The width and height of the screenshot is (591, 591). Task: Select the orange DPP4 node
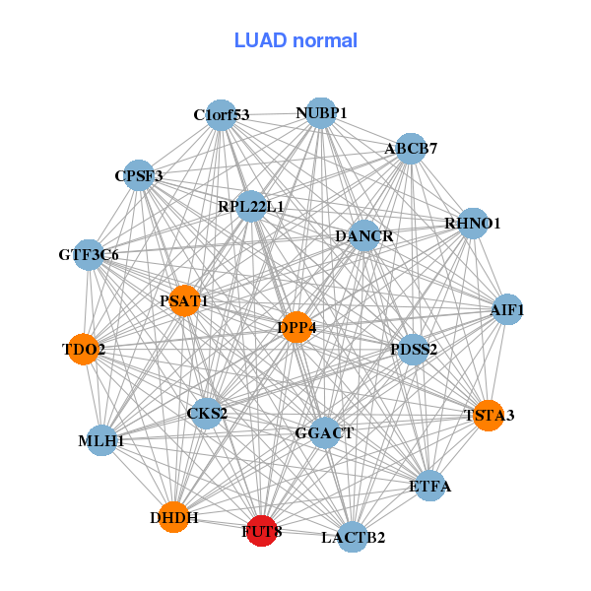point(296,327)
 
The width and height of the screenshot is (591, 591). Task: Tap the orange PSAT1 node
point(184,300)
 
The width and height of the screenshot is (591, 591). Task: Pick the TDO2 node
point(84,349)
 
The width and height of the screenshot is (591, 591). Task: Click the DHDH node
point(174,517)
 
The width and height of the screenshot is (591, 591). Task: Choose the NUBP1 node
point(321,113)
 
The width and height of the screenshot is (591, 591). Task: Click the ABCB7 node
point(411,149)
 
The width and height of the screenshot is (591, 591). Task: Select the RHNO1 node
point(473,224)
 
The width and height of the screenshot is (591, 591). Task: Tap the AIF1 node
point(507,310)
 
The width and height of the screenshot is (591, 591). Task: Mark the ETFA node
point(429,486)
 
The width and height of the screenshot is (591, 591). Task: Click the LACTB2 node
point(353,537)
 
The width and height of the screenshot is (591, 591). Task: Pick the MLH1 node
point(101,440)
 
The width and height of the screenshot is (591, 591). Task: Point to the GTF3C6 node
point(89,255)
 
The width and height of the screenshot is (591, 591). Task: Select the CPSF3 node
point(139,176)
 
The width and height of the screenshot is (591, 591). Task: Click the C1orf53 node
point(222,115)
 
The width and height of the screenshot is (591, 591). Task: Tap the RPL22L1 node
point(251,207)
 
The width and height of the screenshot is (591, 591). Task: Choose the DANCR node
point(364,236)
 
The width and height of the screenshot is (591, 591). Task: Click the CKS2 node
point(207,413)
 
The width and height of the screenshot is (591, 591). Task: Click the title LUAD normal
point(295,40)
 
